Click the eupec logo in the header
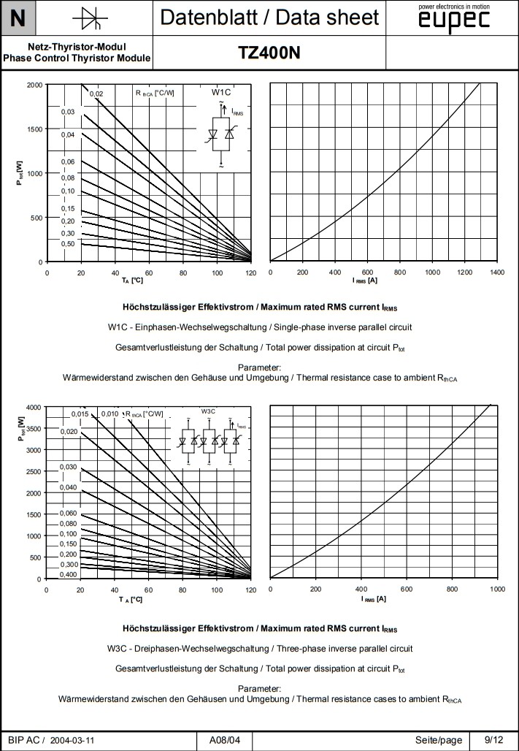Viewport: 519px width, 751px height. pyautogui.click(x=453, y=20)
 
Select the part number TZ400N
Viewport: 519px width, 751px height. pyautogui.click(x=269, y=53)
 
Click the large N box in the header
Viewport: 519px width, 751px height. pyautogui.click(x=18, y=18)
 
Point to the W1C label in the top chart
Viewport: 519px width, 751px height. pyautogui.click(x=221, y=93)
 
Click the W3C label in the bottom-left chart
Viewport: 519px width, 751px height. pyautogui.click(x=209, y=412)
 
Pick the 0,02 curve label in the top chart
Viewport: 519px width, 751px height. pyautogui.click(x=96, y=94)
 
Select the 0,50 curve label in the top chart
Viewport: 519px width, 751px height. pyautogui.click(x=68, y=244)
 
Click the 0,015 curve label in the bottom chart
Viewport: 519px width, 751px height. pyautogui.click(x=80, y=414)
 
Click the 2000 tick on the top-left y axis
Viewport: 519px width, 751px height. pyautogui.click(x=34, y=85)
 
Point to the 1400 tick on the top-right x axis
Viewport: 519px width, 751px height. pyautogui.click(x=497, y=272)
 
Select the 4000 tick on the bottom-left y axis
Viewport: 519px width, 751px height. pyautogui.click(x=34, y=407)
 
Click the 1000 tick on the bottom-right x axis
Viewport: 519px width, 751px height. pyautogui.click(x=497, y=589)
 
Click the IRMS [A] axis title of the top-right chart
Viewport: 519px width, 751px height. pyautogui.click(x=364, y=281)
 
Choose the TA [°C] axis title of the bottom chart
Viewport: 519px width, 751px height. pyautogui.click(x=131, y=599)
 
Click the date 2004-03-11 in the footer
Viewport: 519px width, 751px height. pyautogui.click(x=72, y=740)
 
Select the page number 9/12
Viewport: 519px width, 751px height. pyautogui.click(x=493, y=739)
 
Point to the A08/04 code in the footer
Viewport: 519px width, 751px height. pyautogui.click(x=225, y=740)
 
